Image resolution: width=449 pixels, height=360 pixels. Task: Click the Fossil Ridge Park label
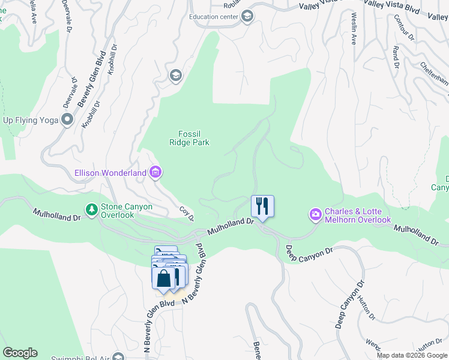[x=193, y=138]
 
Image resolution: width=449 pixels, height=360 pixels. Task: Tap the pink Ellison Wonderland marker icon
[x=155, y=173]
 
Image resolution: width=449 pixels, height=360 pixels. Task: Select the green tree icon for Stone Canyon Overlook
[x=92, y=210]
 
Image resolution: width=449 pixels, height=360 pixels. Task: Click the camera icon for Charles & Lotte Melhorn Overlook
[x=316, y=214]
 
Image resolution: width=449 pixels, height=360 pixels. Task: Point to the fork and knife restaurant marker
[x=262, y=206]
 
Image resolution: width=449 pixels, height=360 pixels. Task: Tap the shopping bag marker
[x=164, y=278]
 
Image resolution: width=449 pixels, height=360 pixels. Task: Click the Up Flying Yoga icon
[x=67, y=120]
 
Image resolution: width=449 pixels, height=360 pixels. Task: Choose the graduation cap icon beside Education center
[x=247, y=17]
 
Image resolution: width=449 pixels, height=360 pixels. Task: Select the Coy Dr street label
[x=187, y=214]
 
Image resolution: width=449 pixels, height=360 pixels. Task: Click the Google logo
[x=20, y=353]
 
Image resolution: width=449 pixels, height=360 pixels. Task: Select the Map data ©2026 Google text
[x=412, y=355]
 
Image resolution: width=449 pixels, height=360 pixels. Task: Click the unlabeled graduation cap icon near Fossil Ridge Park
[x=176, y=76]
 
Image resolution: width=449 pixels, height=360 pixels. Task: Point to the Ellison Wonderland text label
[x=110, y=173]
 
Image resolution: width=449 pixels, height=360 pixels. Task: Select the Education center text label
[x=213, y=17]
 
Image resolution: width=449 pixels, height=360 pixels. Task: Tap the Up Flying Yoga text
[x=31, y=120]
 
